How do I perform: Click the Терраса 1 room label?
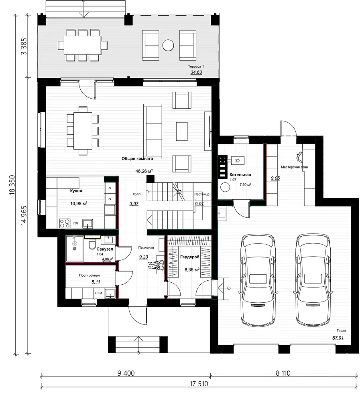pyautogui.click(x=196, y=67)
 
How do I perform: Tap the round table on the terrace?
pyautogui.click(x=168, y=45)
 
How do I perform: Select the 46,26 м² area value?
pyautogui.click(x=144, y=171)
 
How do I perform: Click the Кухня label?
pyautogui.click(x=76, y=191)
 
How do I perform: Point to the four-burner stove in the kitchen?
pyautogui.click(x=65, y=223)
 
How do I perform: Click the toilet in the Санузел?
pyautogui.click(x=92, y=244)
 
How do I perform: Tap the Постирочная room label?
pyautogui.click(x=89, y=275)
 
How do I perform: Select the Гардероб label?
pyautogui.click(x=189, y=257)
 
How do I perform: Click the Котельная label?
pyautogui.click(x=240, y=175)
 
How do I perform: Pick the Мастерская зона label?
pyautogui.click(x=294, y=167)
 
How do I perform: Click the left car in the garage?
pyautogui.click(x=258, y=280)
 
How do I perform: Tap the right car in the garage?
pyautogui.click(x=313, y=280)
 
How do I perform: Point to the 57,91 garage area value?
pyautogui.click(x=338, y=338)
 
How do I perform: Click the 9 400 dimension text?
pyautogui.click(x=126, y=373)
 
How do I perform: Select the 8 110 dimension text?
pyautogui.click(x=283, y=373)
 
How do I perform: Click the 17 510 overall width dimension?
pyautogui.click(x=199, y=384)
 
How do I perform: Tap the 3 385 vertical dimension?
pyautogui.click(x=24, y=47)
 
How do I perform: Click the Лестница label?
pyautogui.click(x=202, y=194)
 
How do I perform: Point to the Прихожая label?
pyautogui.click(x=146, y=248)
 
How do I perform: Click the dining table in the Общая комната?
pyautogui.click(x=83, y=131)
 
